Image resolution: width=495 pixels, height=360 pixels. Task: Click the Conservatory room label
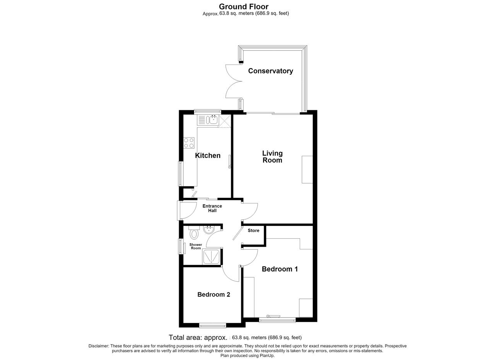[270, 71]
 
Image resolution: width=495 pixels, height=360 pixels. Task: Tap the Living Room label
[272, 157]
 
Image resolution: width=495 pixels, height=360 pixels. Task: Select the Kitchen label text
[208, 155]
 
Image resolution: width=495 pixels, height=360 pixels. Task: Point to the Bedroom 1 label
[280, 269]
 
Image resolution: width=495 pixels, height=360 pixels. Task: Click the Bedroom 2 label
[214, 294]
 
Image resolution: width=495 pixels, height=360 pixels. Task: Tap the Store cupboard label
[253, 230]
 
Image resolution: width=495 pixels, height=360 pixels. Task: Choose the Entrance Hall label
[212, 208]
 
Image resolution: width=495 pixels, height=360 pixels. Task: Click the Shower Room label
[196, 246]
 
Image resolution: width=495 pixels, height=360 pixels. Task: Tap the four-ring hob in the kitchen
[189, 143]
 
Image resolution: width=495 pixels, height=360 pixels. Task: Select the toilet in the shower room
[194, 232]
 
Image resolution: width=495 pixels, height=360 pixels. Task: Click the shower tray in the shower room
[212, 257]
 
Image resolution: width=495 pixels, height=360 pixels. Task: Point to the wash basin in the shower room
[208, 230]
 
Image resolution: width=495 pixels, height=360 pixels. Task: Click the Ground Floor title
[244, 7]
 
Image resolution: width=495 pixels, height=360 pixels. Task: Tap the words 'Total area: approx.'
[198, 338]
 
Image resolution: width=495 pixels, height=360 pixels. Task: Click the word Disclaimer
[99, 346]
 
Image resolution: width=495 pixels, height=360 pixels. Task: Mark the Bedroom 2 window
[213, 325]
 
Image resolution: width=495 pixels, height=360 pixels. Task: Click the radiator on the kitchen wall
[230, 162]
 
